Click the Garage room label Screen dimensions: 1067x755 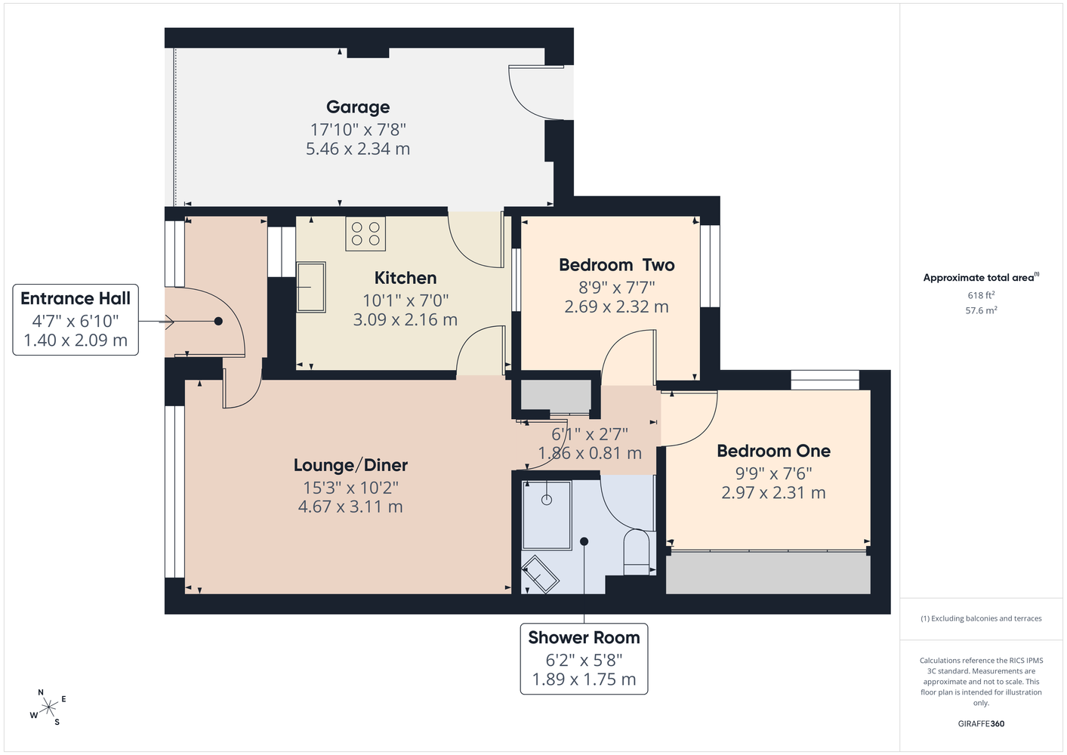pos(358,107)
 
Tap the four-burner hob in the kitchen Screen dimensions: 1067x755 pos(365,234)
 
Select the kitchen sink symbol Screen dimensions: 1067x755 pos(311,287)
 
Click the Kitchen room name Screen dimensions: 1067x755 pos(406,278)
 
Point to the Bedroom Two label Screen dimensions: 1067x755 pos(617,265)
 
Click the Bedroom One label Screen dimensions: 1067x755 pos(773,451)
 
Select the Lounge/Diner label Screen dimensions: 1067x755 pos(350,465)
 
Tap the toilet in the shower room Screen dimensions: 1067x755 pos(637,552)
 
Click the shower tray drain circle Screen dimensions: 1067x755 pos(547,500)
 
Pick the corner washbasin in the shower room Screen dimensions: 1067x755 pos(540,574)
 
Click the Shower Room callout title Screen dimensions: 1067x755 pos(584,637)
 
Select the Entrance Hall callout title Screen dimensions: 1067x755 pos(76,299)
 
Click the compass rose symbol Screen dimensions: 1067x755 pos(48,708)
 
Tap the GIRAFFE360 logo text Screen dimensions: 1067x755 pos(981,723)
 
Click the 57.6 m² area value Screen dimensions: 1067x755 pos(981,310)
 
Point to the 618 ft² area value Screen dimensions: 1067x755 pos(981,295)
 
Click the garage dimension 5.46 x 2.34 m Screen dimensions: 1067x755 pos(358,149)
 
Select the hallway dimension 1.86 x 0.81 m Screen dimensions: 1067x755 pos(590,452)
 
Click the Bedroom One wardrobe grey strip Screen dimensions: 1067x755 pos(768,573)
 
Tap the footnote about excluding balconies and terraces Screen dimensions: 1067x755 pos(981,618)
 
